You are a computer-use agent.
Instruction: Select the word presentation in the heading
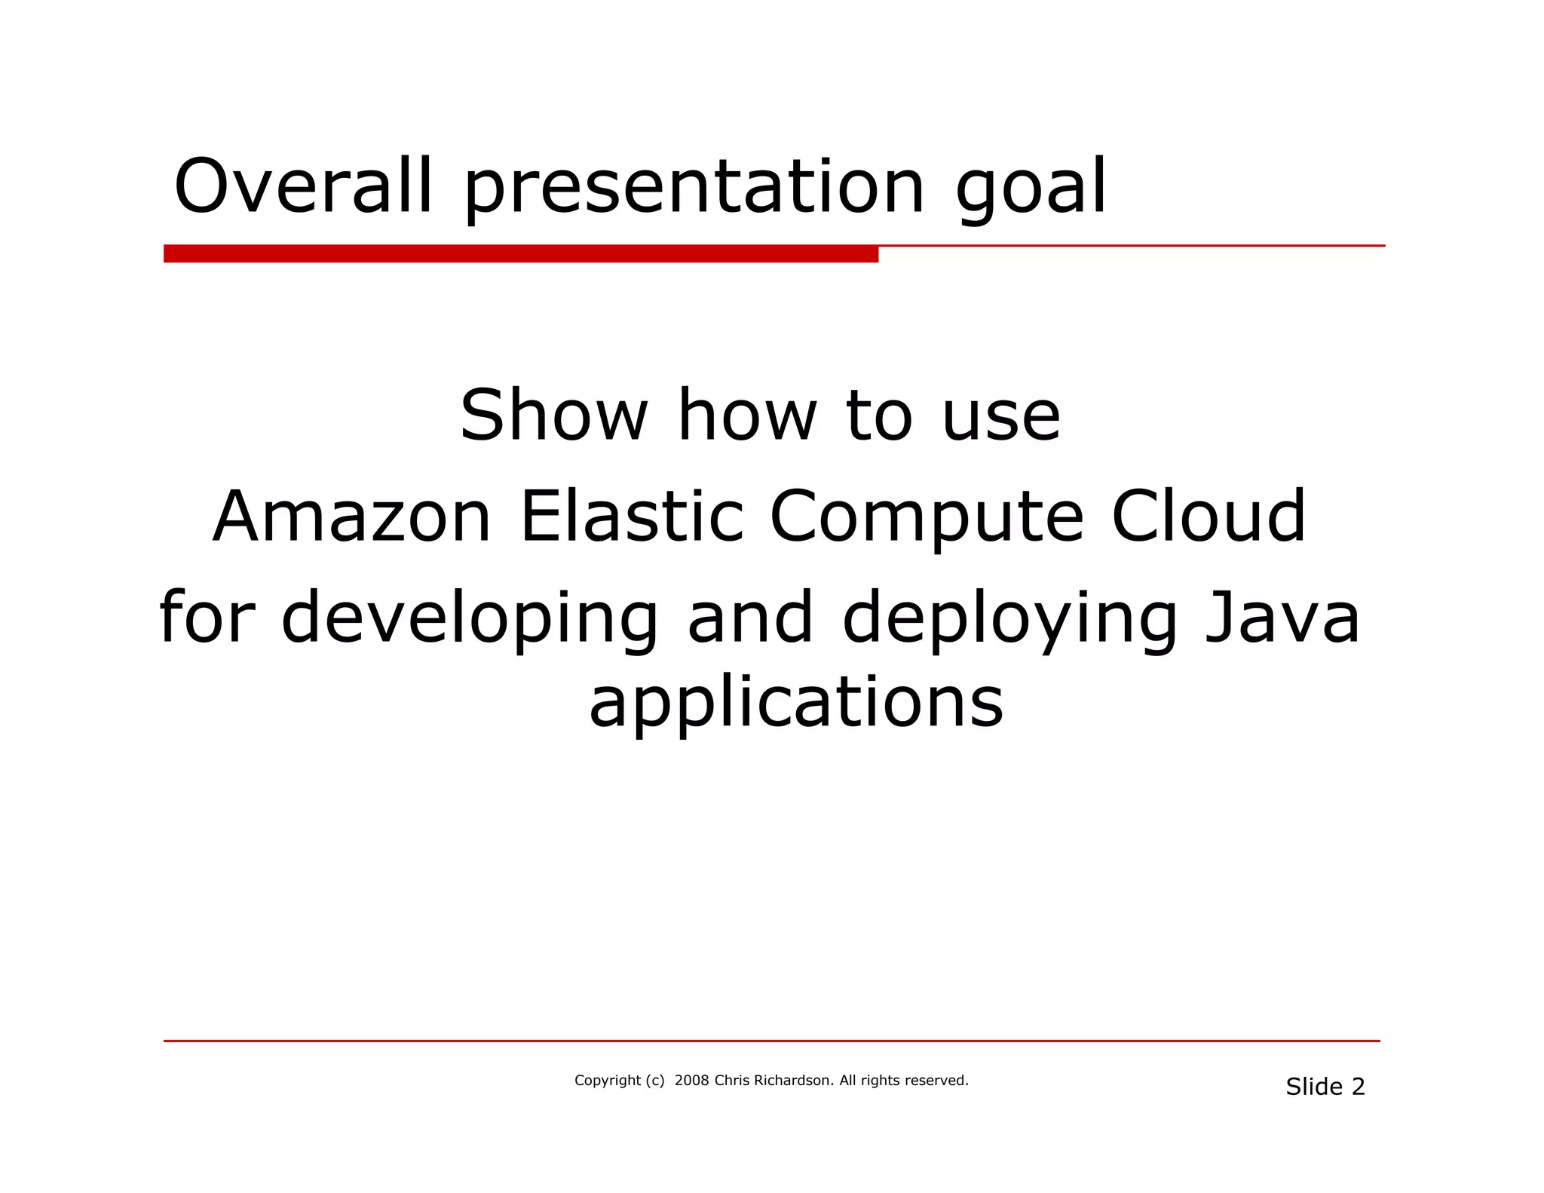click(694, 189)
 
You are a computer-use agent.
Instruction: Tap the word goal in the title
click(1031, 189)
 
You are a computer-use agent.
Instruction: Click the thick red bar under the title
click(520, 254)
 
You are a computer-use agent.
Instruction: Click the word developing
click(470, 620)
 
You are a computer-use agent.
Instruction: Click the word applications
click(796, 704)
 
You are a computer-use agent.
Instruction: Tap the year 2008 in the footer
click(691, 1081)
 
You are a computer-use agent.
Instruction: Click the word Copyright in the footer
click(607, 1081)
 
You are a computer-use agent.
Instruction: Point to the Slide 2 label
click(1325, 1087)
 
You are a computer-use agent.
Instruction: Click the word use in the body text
click(1001, 416)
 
